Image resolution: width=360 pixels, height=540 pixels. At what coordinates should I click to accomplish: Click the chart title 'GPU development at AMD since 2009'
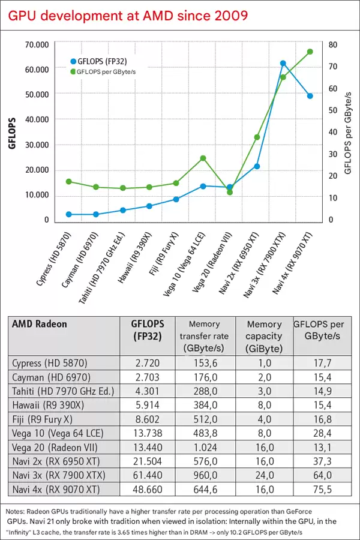pyautogui.click(x=127, y=15)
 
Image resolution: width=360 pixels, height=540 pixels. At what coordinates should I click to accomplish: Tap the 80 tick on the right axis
pyautogui.click(x=333, y=44)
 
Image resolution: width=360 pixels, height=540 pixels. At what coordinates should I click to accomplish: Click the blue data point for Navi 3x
pyautogui.click(x=283, y=63)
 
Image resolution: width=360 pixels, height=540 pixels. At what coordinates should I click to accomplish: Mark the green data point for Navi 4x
pyautogui.click(x=310, y=52)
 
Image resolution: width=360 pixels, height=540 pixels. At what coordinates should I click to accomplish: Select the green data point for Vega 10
pyautogui.click(x=203, y=158)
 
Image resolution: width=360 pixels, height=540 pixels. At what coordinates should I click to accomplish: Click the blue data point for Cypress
pyautogui.click(x=69, y=214)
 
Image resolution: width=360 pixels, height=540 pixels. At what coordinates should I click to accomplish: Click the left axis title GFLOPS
pyautogui.click(x=13, y=133)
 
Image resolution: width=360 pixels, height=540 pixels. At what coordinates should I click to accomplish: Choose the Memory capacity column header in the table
pyautogui.click(x=264, y=336)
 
